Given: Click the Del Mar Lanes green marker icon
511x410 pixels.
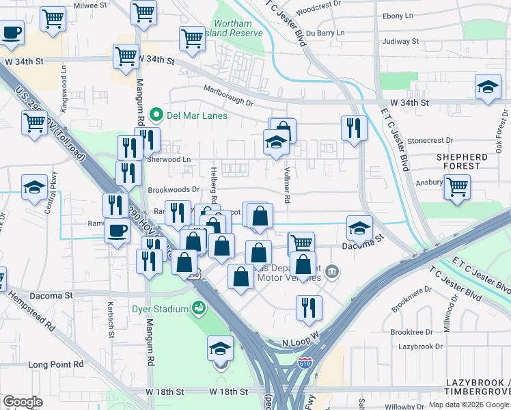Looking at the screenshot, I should coord(156,115).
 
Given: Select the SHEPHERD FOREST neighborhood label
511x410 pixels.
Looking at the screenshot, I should coord(462,162).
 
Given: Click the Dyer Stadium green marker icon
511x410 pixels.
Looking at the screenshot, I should coord(199,309).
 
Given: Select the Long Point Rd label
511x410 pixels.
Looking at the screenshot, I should coord(56,364).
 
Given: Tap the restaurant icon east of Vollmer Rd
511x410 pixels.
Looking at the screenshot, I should coord(354,128).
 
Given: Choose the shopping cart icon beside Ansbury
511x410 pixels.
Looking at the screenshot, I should coord(457,185).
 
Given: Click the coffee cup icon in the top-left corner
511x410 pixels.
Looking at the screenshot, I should coord(12,32).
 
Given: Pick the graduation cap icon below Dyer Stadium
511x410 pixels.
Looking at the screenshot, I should coord(220,349).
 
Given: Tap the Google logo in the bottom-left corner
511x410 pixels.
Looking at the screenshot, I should coord(23,401).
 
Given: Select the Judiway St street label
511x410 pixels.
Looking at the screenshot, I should coord(400,41).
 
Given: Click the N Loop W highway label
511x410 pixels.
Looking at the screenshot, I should coord(301,340).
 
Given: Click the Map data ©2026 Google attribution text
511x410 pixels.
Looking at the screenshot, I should coord(468,405).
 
